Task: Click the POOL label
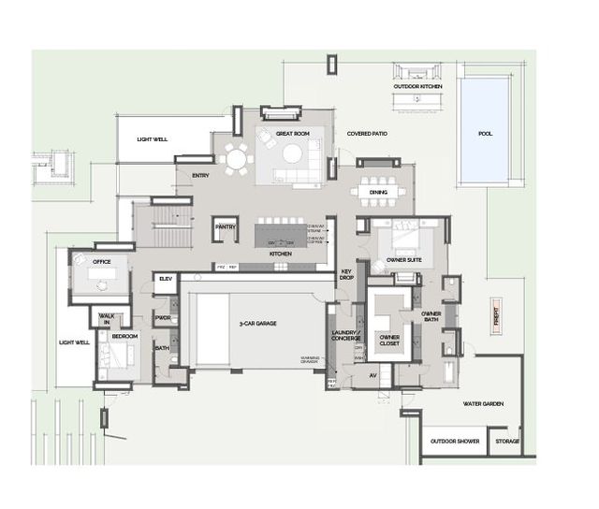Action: (485, 134)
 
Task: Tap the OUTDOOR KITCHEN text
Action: (417, 86)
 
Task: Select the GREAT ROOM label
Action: (293, 134)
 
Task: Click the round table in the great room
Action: (238, 159)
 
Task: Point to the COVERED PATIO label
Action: (367, 134)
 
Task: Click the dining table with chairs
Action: (378, 192)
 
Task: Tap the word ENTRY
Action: (200, 175)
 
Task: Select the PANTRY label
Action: (225, 226)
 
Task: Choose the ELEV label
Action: (165, 279)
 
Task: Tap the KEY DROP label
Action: (345, 275)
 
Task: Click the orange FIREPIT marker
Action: (497, 317)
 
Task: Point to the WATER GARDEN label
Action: (484, 404)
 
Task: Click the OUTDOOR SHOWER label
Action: (455, 442)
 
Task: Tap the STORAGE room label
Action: (507, 442)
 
